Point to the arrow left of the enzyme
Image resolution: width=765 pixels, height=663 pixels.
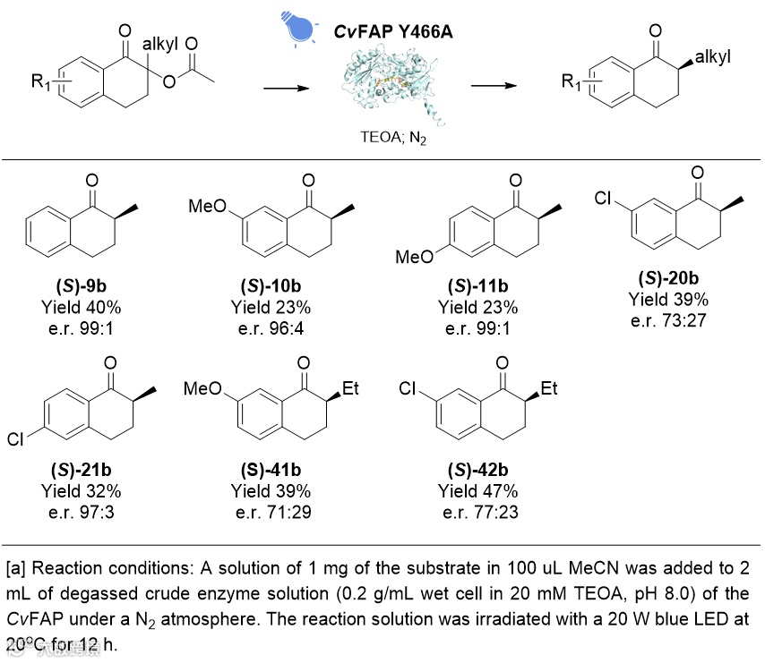[x=287, y=87]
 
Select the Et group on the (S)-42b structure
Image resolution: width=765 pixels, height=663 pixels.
[x=548, y=389]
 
